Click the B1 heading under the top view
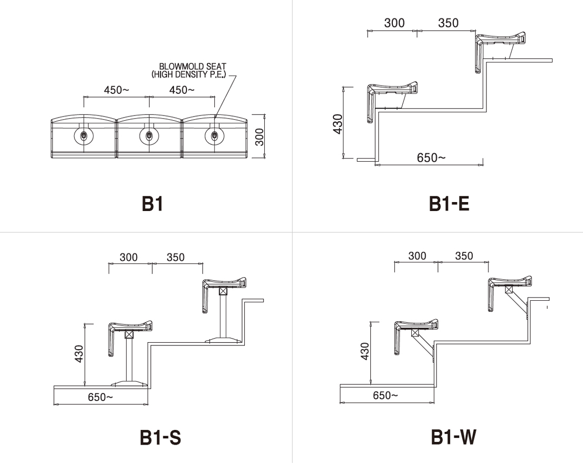click(152, 204)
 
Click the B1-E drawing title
click(449, 204)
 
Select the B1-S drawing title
click(160, 437)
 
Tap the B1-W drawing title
click(453, 437)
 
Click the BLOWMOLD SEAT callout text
click(189, 70)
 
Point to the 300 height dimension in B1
click(259, 136)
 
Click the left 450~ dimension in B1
click(117, 90)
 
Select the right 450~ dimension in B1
click(182, 90)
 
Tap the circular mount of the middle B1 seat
click(149, 135)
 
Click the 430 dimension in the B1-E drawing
click(338, 124)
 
